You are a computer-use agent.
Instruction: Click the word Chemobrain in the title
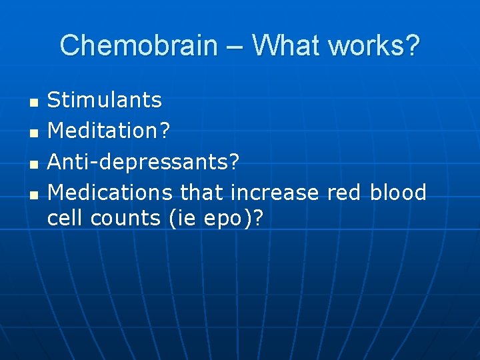pyautogui.click(x=139, y=46)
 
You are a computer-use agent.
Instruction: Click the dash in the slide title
pyautogui.click(x=235, y=47)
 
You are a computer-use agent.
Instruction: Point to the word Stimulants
pyautogui.click(x=105, y=100)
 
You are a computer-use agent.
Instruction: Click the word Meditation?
pyautogui.click(x=109, y=131)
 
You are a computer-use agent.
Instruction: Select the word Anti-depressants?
pyautogui.click(x=143, y=162)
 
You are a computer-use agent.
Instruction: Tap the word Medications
pyautogui.click(x=111, y=193)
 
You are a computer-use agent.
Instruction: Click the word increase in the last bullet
pyautogui.click(x=275, y=193)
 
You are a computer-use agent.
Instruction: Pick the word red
pyautogui.click(x=344, y=193)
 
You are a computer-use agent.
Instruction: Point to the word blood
pyautogui.click(x=398, y=193)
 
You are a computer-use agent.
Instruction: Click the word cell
pyautogui.click(x=65, y=219)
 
